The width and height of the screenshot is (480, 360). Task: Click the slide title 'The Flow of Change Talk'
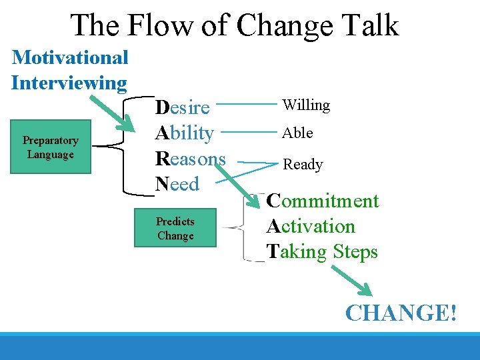pos(235,25)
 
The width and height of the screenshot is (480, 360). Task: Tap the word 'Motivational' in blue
pos(70,57)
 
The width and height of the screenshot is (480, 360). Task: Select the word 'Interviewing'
pos(69,83)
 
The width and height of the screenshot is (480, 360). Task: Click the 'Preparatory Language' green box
pos(51,147)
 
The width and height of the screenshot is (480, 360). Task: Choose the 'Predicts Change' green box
pos(175,229)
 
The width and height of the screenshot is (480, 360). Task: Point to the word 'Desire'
pos(182,107)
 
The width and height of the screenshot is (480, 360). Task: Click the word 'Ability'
pos(184,133)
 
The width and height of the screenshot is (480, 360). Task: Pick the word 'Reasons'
pos(190,159)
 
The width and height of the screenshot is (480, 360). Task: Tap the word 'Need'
pos(177,183)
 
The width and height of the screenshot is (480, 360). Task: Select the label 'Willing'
pos(306,105)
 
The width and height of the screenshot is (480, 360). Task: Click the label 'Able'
pos(297,133)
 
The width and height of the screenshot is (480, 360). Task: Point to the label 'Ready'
pos(303,164)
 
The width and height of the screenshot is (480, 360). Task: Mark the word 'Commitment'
pos(322,201)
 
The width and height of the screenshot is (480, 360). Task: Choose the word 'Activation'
pos(311,227)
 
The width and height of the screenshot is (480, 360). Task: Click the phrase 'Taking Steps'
pos(322,252)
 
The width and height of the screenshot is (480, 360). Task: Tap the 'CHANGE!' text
pos(401,312)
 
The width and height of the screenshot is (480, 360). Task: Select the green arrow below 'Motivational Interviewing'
pos(113,113)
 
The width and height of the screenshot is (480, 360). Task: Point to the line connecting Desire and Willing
pos(247,104)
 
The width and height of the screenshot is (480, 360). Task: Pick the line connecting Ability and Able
pos(247,132)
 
